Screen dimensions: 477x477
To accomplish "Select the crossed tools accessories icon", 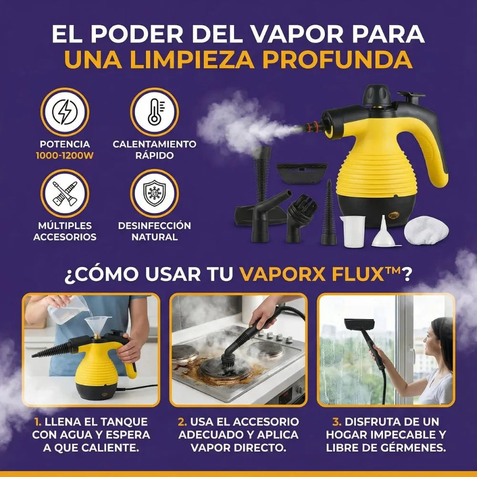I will pyautogui.click(x=64, y=194).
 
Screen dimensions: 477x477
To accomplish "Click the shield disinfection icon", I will pyautogui.click(x=154, y=194).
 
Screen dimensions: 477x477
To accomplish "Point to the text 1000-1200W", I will pyautogui.click(x=64, y=156).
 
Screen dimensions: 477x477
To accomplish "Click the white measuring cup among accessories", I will pyautogui.click(x=353, y=231).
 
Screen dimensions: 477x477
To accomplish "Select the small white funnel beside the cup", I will pyautogui.click(x=384, y=231).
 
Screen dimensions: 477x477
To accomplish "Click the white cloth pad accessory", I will pyautogui.click(x=426, y=230).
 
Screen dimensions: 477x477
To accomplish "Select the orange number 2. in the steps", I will pyautogui.click(x=182, y=422).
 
